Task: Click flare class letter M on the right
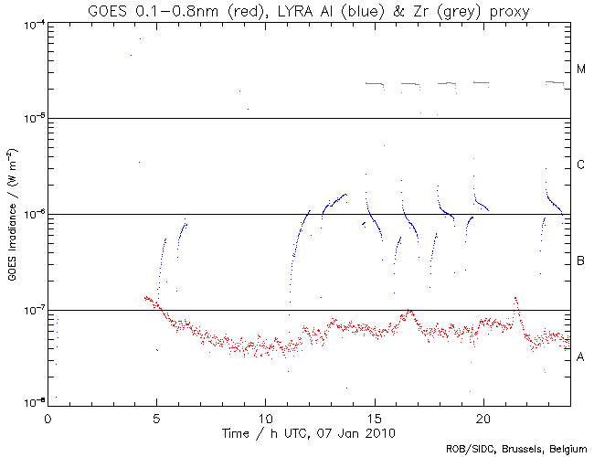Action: coord(580,69)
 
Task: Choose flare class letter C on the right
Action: coord(580,165)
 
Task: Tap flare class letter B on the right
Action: coord(580,262)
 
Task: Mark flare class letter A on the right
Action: coord(580,357)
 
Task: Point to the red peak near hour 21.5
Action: coord(515,299)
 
